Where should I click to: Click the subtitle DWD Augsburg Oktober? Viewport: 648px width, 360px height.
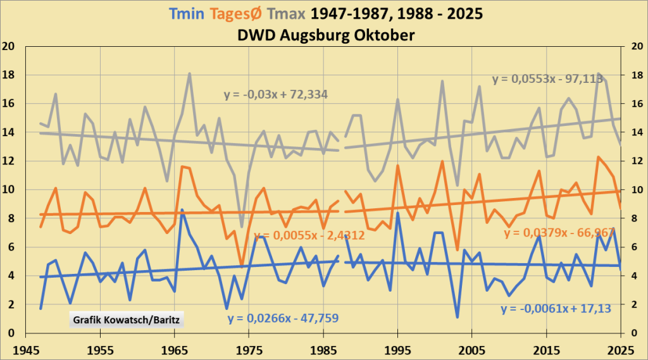coord(324,35)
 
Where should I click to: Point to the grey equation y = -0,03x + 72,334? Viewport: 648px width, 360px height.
coord(279,95)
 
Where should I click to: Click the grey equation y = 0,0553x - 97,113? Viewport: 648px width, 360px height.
coord(554,79)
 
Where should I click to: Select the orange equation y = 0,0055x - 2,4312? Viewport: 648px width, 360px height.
coord(309,235)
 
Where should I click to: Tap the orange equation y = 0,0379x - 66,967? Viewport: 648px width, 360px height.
coord(560,233)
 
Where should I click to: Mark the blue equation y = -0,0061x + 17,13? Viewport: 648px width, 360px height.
coord(557,309)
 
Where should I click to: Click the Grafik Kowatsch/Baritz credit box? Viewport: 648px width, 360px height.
coord(125,319)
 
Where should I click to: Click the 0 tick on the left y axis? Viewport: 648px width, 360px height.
coord(11,333)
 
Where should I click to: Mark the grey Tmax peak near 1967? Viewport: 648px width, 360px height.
coord(189,73)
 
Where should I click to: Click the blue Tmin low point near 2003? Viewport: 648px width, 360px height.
coord(457,317)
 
